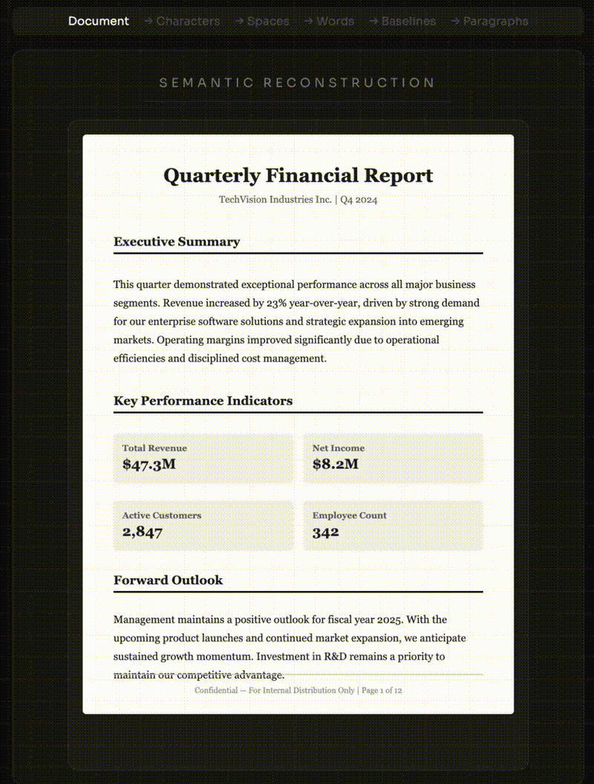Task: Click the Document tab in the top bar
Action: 98,21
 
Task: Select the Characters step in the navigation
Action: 188,21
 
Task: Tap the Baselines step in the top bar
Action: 408,21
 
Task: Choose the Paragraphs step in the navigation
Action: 495,21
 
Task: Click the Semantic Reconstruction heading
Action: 297,82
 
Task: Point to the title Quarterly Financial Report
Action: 298,176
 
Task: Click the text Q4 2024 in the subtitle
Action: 359,200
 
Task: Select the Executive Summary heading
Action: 177,241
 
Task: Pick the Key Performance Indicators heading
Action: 203,401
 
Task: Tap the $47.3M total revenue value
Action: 149,465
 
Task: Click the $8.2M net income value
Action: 336,465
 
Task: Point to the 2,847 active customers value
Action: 143,532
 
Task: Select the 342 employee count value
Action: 325,532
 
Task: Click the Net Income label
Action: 339,448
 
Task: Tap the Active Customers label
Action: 162,515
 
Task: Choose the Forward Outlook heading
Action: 168,580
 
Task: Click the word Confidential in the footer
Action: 217,690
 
